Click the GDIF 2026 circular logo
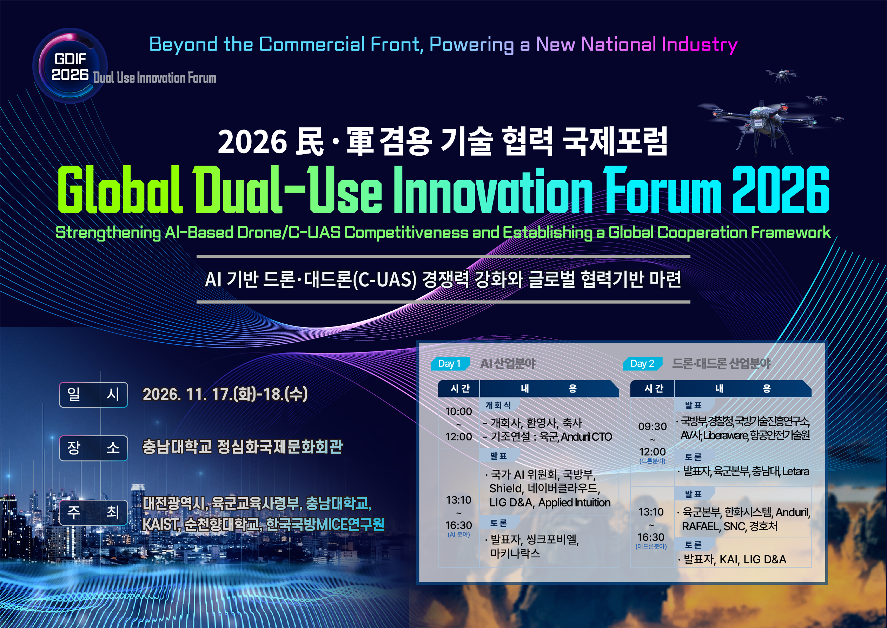(x=70, y=66)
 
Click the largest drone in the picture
(x=759, y=123)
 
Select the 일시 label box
(x=93, y=394)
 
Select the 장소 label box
(x=93, y=448)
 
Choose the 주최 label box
(x=93, y=512)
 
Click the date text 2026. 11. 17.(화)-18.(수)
(x=225, y=394)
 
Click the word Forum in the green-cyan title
(x=662, y=189)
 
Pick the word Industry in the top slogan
(x=699, y=45)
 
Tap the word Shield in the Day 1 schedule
(x=505, y=488)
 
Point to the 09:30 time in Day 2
(x=653, y=426)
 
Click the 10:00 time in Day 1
(x=458, y=411)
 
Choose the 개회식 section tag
(x=498, y=405)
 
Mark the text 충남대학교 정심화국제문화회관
(x=243, y=447)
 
